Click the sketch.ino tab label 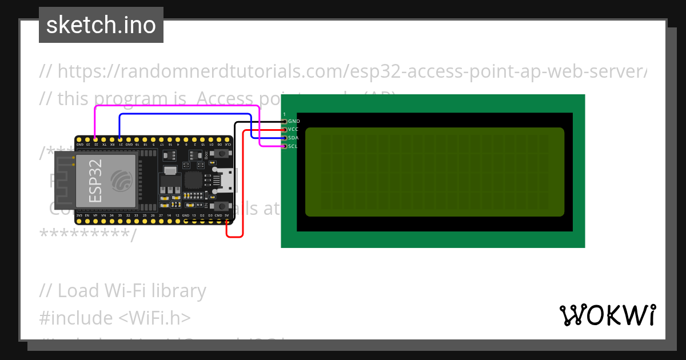tap(101, 25)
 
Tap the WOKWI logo tap(607, 315)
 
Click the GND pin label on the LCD tap(294, 121)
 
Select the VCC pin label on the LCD tap(293, 130)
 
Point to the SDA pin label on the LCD tap(293, 138)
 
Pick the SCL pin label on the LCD tap(293, 146)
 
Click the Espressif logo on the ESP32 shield tap(121, 181)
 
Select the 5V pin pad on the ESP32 tap(227, 221)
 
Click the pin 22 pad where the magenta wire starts tap(95, 138)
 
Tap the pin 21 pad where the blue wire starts tap(120, 138)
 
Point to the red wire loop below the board tap(235, 235)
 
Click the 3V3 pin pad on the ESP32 tap(79, 221)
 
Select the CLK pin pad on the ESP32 tap(228, 138)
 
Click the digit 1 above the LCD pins tap(284, 114)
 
